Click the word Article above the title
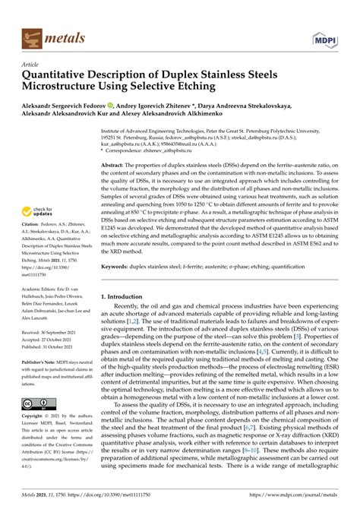(32, 65)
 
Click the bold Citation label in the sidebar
(33, 246)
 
